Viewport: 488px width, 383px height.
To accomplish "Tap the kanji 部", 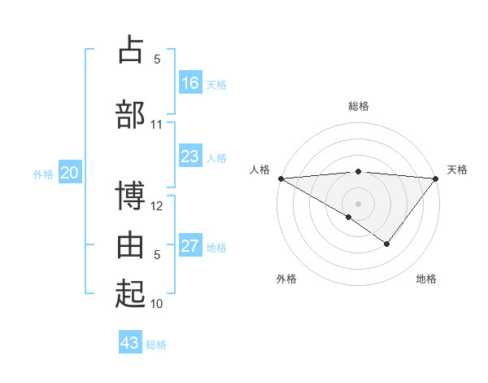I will (131, 113).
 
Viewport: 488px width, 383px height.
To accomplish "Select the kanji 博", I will (131, 196).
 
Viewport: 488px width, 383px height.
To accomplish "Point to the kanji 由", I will (131, 244).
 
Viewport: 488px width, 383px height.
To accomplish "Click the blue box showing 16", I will (190, 83).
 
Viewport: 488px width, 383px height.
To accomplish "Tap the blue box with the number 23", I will (190, 156).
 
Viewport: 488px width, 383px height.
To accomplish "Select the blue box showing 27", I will (190, 246).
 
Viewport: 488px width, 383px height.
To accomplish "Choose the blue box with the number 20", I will (70, 173).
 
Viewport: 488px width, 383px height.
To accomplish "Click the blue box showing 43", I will (130, 343).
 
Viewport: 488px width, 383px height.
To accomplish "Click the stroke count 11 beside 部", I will (156, 124).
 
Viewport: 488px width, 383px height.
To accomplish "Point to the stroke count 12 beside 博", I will (157, 206).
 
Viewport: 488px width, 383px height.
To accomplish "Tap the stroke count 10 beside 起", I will (157, 304).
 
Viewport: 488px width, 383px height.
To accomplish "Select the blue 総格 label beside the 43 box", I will (156, 345).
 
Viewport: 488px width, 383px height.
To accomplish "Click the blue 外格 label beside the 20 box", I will (43, 174).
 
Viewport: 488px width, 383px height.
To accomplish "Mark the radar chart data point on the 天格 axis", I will (436, 178).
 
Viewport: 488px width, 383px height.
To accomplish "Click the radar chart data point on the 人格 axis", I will (281, 178).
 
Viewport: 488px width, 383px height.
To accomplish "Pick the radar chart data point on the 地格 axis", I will (387, 244).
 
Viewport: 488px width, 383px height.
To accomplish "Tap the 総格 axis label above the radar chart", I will (359, 106).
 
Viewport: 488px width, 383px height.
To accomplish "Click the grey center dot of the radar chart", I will (358, 203).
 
